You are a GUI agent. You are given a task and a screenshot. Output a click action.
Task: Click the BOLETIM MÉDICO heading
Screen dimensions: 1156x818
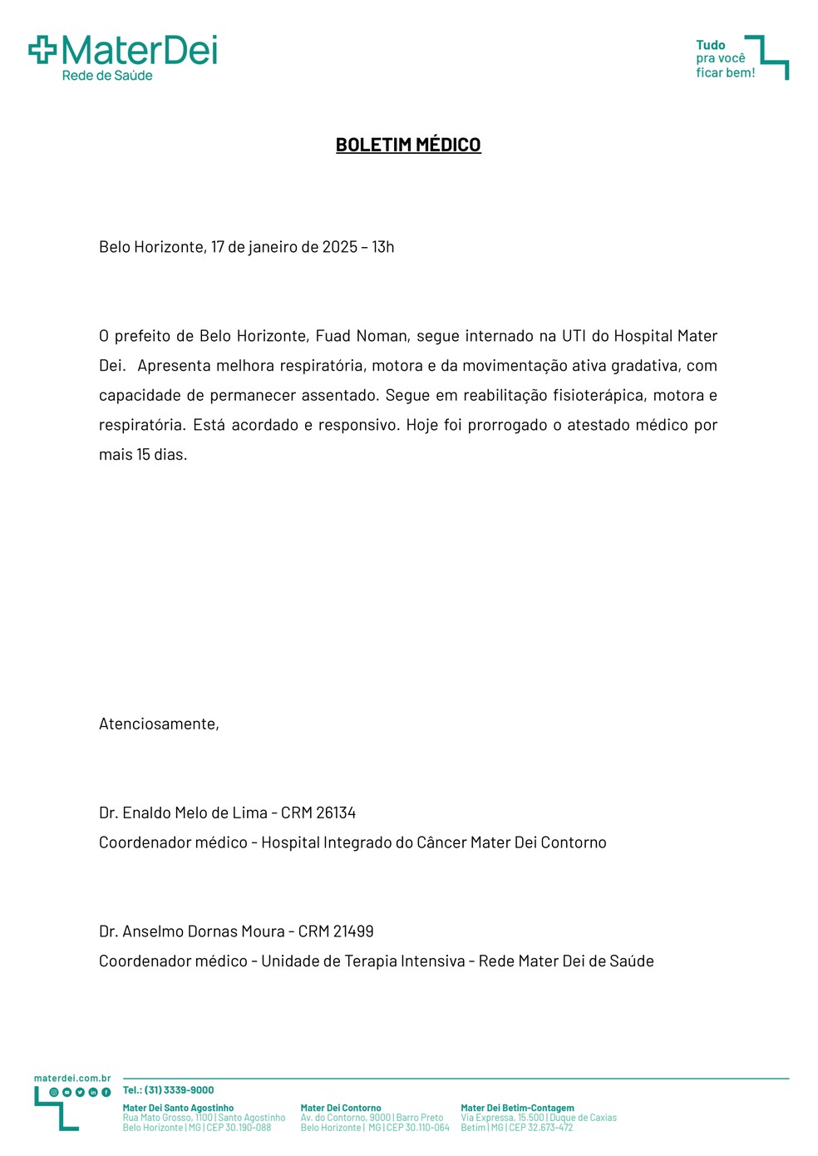tap(408, 145)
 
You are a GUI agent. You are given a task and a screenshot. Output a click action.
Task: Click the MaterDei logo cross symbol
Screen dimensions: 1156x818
tap(42, 50)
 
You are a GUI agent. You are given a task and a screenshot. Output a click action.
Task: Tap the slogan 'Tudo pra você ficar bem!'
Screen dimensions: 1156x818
tap(725, 59)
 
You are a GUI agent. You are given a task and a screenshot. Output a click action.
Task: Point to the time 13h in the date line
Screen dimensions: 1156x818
tap(383, 247)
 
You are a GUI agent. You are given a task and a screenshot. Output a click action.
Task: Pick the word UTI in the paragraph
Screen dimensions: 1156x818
tap(574, 336)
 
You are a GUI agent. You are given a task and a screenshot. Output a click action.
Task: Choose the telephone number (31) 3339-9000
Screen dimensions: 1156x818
tap(179, 1089)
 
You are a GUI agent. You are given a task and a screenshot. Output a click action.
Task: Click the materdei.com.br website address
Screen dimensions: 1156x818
tap(72, 1078)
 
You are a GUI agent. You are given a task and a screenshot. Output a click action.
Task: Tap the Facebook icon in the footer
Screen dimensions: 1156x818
tap(106, 1092)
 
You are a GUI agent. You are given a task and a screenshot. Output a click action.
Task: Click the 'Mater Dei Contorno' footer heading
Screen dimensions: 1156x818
tap(341, 1108)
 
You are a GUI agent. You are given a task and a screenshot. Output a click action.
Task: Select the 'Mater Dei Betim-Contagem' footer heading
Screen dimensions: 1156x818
tap(517, 1108)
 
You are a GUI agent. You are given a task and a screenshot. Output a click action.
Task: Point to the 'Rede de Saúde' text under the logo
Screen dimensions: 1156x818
tap(107, 76)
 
